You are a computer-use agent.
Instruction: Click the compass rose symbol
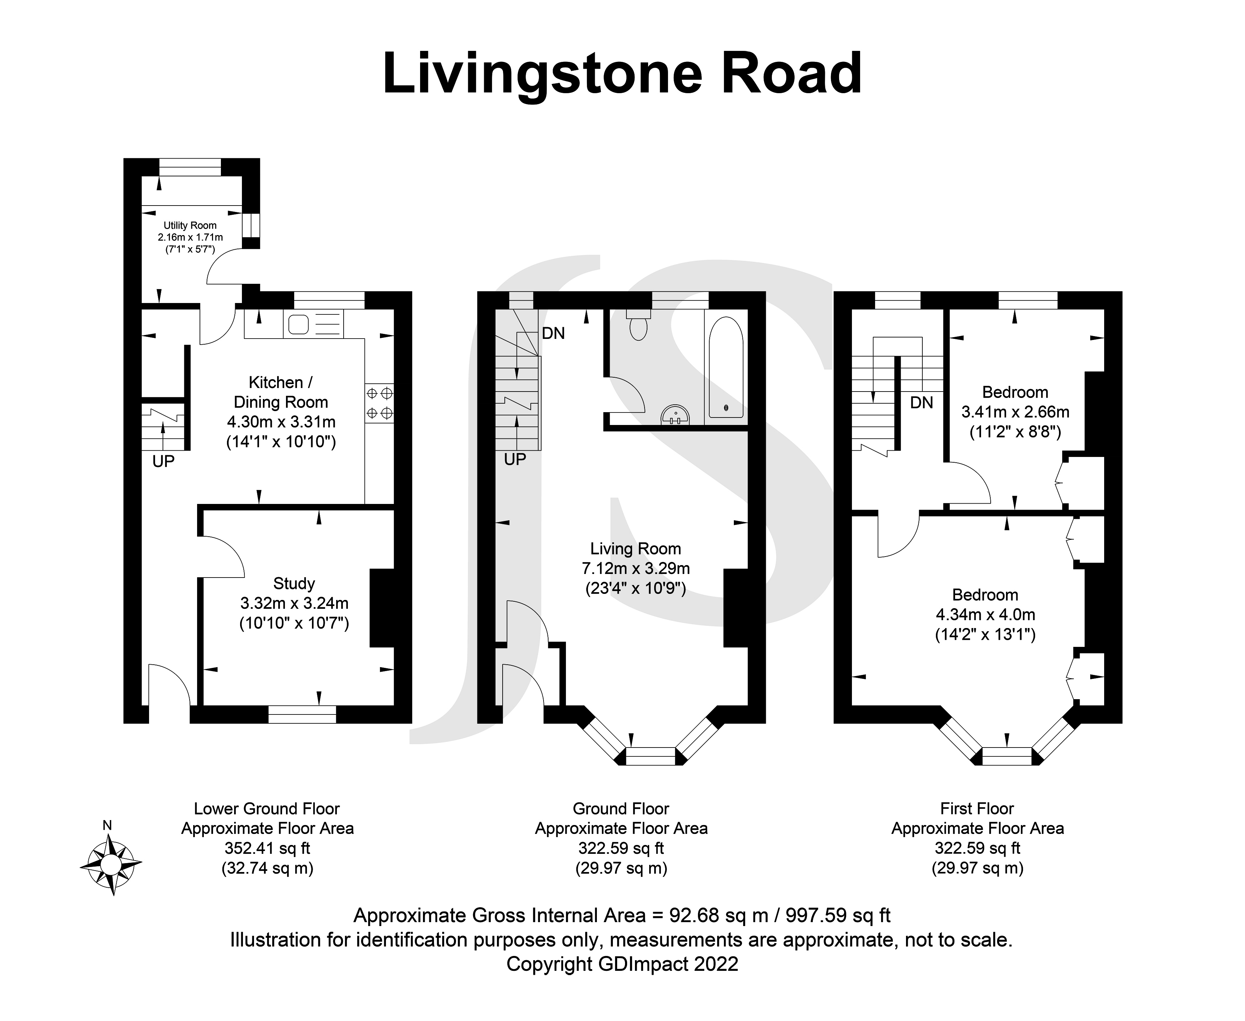click(110, 864)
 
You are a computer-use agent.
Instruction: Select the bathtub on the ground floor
click(725, 368)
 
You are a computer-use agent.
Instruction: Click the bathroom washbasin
click(675, 415)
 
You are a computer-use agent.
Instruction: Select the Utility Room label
click(190, 225)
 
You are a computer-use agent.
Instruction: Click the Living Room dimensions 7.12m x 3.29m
click(635, 569)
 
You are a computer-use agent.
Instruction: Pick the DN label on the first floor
click(921, 403)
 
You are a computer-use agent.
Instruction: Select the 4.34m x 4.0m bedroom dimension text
click(985, 615)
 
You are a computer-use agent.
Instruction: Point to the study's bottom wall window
click(302, 714)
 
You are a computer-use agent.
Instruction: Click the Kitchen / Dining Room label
click(281, 392)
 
